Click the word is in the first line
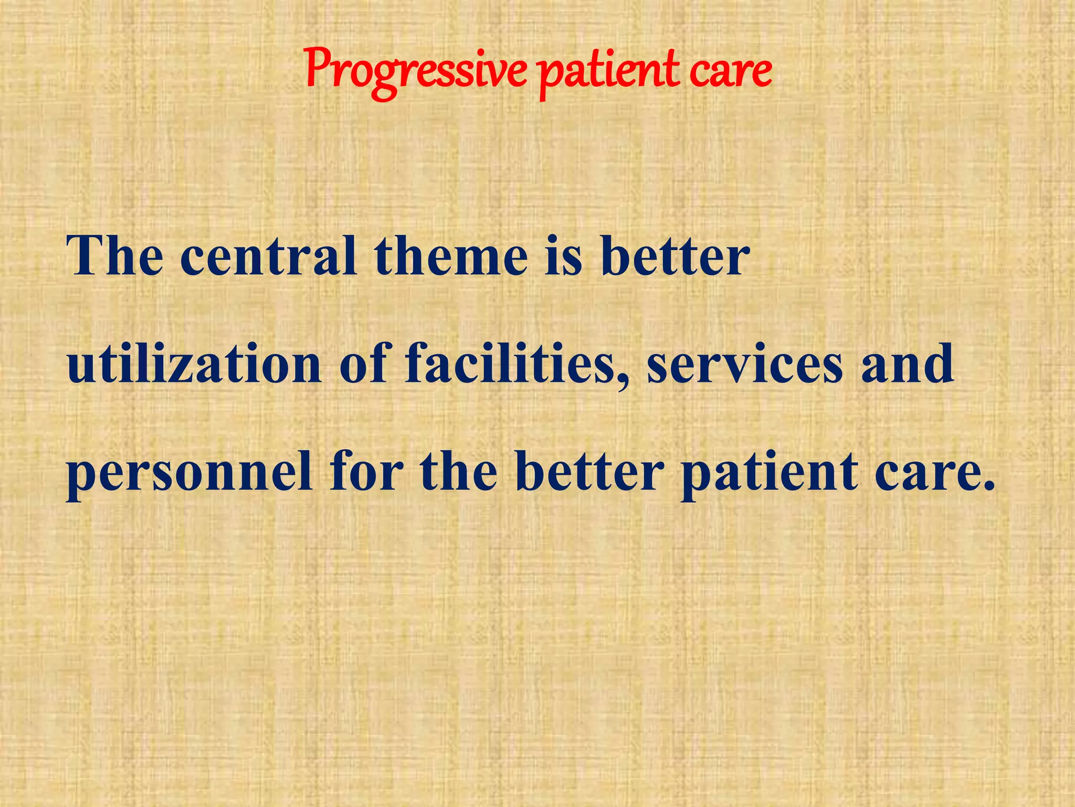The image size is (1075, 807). tap(564, 256)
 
